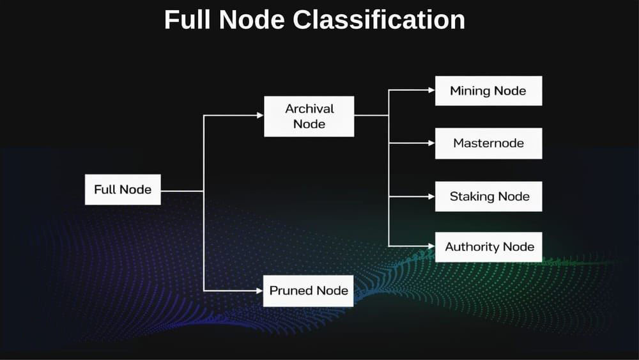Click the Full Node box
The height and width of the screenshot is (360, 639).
tap(123, 190)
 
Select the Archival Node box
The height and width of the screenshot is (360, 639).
tap(309, 116)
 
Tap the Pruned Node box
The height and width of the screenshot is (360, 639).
tap(309, 291)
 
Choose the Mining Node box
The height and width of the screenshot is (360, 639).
tap(488, 91)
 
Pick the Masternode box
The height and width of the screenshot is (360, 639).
tap(488, 143)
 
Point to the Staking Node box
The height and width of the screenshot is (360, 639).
tap(489, 196)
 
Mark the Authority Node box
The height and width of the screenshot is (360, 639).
tap(489, 247)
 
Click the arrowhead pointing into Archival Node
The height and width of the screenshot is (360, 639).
tap(259, 116)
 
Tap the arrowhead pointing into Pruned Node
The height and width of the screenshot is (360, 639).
tap(259, 290)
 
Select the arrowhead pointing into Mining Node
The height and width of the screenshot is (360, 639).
tap(431, 90)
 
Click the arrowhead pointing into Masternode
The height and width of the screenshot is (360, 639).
tap(431, 143)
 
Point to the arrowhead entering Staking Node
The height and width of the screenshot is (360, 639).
tap(431, 196)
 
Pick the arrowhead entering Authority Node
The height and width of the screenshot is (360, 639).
tap(431, 246)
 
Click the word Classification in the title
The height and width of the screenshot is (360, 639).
tap(379, 20)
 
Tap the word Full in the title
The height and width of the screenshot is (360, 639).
tap(188, 20)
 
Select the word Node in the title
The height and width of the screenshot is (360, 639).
tap(253, 20)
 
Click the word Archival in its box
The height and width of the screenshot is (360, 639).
tap(309, 109)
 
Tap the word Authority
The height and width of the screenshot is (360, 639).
tap(472, 247)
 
